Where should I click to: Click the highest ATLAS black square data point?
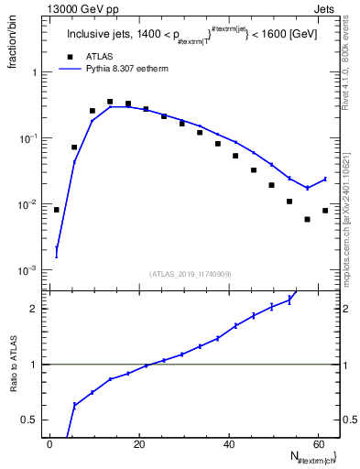110,102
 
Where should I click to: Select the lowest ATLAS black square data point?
308,219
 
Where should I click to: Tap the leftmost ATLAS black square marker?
57,210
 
